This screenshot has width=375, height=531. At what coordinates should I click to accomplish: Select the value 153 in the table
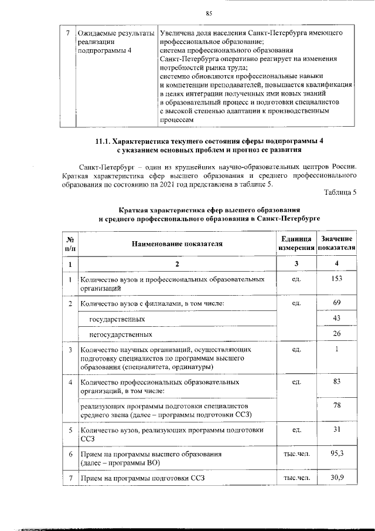click(x=336, y=278)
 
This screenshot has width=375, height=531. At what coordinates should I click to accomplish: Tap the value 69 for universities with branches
click(x=336, y=303)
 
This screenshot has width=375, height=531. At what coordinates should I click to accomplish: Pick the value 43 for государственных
click(x=336, y=318)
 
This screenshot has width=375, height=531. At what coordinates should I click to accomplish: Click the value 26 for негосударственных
click(x=336, y=334)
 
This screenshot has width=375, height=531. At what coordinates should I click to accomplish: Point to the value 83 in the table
click(x=336, y=382)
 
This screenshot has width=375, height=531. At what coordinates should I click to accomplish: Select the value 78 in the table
click(x=336, y=405)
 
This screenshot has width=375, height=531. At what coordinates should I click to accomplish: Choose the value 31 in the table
click(x=336, y=429)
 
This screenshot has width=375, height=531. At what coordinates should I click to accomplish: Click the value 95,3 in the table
click(x=336, y=454)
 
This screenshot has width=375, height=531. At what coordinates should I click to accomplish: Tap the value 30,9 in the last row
click(x=336, y=478)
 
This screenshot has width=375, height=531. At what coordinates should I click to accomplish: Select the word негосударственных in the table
click(x=121, y=334)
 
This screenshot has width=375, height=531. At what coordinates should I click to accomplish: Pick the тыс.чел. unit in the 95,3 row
click(x=296, y=454)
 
